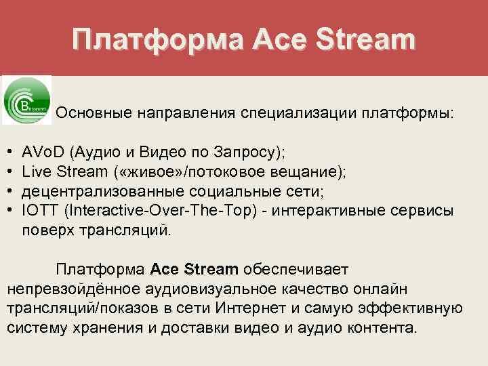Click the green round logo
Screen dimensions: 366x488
pos(27,100)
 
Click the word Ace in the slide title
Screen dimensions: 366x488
pos(279,40)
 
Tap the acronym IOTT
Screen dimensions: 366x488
pos(39,211)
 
